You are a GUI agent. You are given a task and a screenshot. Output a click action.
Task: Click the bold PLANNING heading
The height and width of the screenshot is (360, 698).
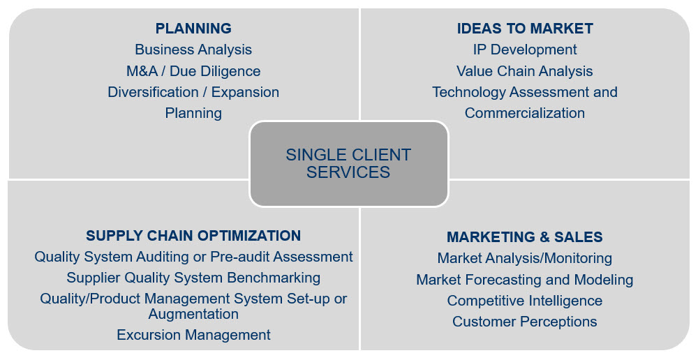pyautogui.click(x=193, y=29)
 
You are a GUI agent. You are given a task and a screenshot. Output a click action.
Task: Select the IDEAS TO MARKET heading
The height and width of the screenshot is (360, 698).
pyautogui.click(x=525, y=29)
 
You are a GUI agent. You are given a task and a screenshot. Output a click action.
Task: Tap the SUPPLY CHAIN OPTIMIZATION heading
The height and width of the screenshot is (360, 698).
pyautogui.click(x=193, y=236)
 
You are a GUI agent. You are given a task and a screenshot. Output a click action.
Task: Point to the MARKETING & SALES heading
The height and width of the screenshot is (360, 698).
pyautogui.click(x=525, y=237)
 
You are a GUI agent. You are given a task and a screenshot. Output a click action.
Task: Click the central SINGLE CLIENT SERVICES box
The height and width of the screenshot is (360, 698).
pyautogui.click(x=348, y=164)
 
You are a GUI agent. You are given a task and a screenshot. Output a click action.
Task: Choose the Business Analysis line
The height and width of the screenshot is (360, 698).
pyautogui.click(x=193, y=50)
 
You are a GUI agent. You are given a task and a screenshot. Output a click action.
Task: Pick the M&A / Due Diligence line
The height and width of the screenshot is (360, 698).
pyautogui.click(x=193, y=71)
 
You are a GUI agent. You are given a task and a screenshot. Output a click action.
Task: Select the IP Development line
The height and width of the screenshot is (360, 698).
pyautogui.click(x=525, y=50)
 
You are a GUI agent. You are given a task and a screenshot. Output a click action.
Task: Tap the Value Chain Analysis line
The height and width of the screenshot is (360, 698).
pyautogui.click(x=525, y=71)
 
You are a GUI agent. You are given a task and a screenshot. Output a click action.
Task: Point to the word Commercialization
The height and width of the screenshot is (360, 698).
pyautogui.click(x=525, y=113)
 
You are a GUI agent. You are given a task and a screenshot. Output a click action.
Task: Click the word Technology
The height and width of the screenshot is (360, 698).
pyautogui.click(x=469, y=93)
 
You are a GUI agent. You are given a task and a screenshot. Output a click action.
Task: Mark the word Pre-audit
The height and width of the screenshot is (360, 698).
pyautogui.click(x=240, y=257)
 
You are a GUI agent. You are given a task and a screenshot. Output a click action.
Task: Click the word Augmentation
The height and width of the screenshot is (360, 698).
pyautogui.click(x=193, y=314)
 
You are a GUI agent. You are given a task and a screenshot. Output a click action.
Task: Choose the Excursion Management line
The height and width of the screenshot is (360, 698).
pyautogui.click(x=193, y=335)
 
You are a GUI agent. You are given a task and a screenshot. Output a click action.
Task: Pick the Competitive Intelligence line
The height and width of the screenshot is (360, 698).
pyautogui.click(x=525, y=301)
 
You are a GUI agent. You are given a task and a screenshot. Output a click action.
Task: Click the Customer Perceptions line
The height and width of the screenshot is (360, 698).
pyautogui.click(x=525, y=322)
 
